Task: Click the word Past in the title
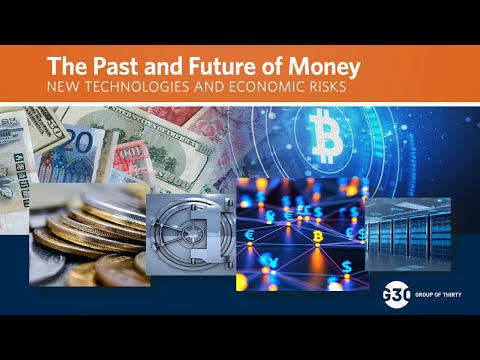pyautogui.click(x=106, y=68)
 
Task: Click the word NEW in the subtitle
pyautogui.click(x=65, y=89)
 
